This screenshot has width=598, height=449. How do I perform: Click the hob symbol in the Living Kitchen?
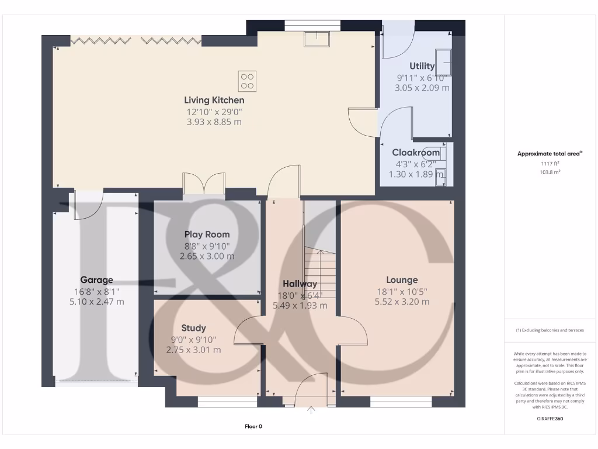247,81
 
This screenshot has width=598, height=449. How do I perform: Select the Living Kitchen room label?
214,101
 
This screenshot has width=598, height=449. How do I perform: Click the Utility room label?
422,66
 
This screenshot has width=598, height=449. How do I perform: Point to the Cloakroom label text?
416,153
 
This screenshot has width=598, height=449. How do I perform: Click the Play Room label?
207,234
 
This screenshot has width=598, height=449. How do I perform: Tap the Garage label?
97,280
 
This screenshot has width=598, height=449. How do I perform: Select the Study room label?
193,328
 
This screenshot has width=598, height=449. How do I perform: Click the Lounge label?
402,280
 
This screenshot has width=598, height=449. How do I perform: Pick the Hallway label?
300,284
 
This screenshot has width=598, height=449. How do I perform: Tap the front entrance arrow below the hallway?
311,410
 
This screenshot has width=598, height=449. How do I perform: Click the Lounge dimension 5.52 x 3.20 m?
402,302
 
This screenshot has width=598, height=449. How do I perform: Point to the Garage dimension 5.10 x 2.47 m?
97,302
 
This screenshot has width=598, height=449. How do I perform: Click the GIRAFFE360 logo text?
550,419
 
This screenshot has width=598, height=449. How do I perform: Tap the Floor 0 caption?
253,427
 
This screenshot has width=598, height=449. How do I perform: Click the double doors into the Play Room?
204,183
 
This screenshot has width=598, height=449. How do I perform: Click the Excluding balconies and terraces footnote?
550,330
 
